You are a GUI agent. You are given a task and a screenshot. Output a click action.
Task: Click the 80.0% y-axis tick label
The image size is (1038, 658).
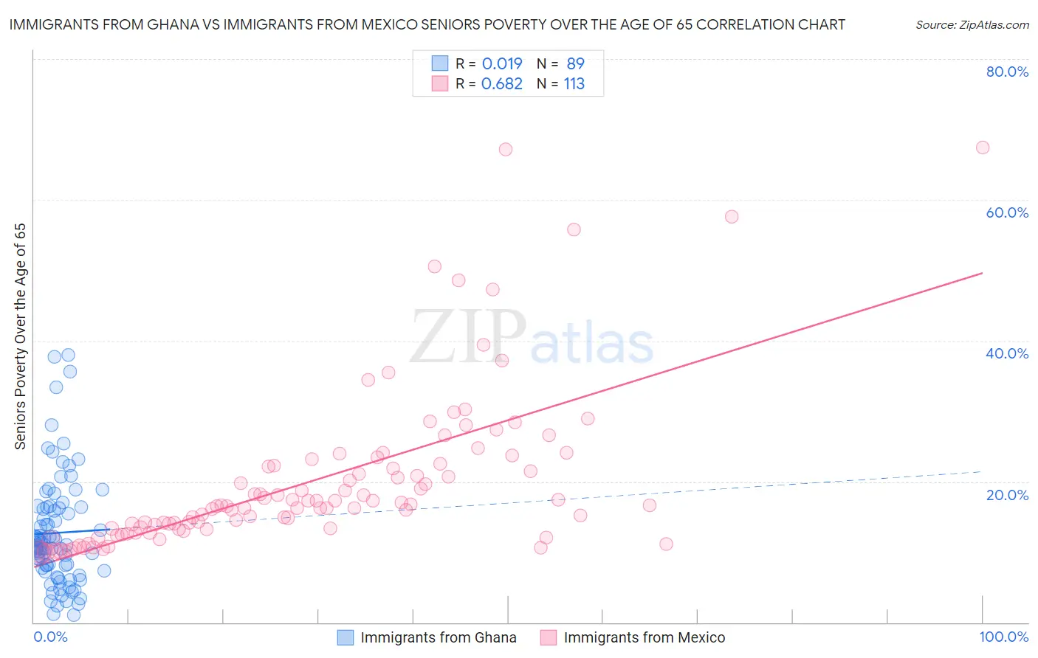(1007, 72)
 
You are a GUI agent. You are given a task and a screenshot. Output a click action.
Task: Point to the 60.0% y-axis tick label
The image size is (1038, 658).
(1007, 212)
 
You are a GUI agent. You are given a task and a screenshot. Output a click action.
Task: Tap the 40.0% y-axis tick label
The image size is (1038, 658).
(1007, 353)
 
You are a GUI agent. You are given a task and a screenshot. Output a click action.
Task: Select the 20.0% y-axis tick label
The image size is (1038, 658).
(1007, 495)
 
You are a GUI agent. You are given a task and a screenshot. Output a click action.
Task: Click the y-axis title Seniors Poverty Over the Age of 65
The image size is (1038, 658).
(21, 336)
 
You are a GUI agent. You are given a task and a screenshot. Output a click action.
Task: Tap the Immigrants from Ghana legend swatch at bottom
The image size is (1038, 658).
(346, 637)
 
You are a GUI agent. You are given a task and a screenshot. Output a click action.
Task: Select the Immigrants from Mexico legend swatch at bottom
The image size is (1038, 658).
(548, 637)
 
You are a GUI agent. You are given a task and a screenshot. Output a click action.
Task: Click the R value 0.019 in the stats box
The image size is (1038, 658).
(502, 63)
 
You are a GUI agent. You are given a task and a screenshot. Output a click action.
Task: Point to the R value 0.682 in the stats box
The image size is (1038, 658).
(502, 84)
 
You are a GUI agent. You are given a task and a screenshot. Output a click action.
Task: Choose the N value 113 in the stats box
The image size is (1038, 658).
(574, 84)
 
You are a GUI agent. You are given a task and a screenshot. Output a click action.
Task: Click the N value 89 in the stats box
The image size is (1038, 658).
(575, 63)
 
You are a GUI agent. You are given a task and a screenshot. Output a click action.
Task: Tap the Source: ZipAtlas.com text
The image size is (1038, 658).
(972, 25)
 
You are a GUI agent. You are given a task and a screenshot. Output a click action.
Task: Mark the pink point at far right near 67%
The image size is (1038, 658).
(983, 148)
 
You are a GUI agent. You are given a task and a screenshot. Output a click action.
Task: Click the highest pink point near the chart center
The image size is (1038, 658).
(506, 149)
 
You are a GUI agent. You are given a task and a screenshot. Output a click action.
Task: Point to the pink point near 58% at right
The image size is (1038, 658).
(732, 217)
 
